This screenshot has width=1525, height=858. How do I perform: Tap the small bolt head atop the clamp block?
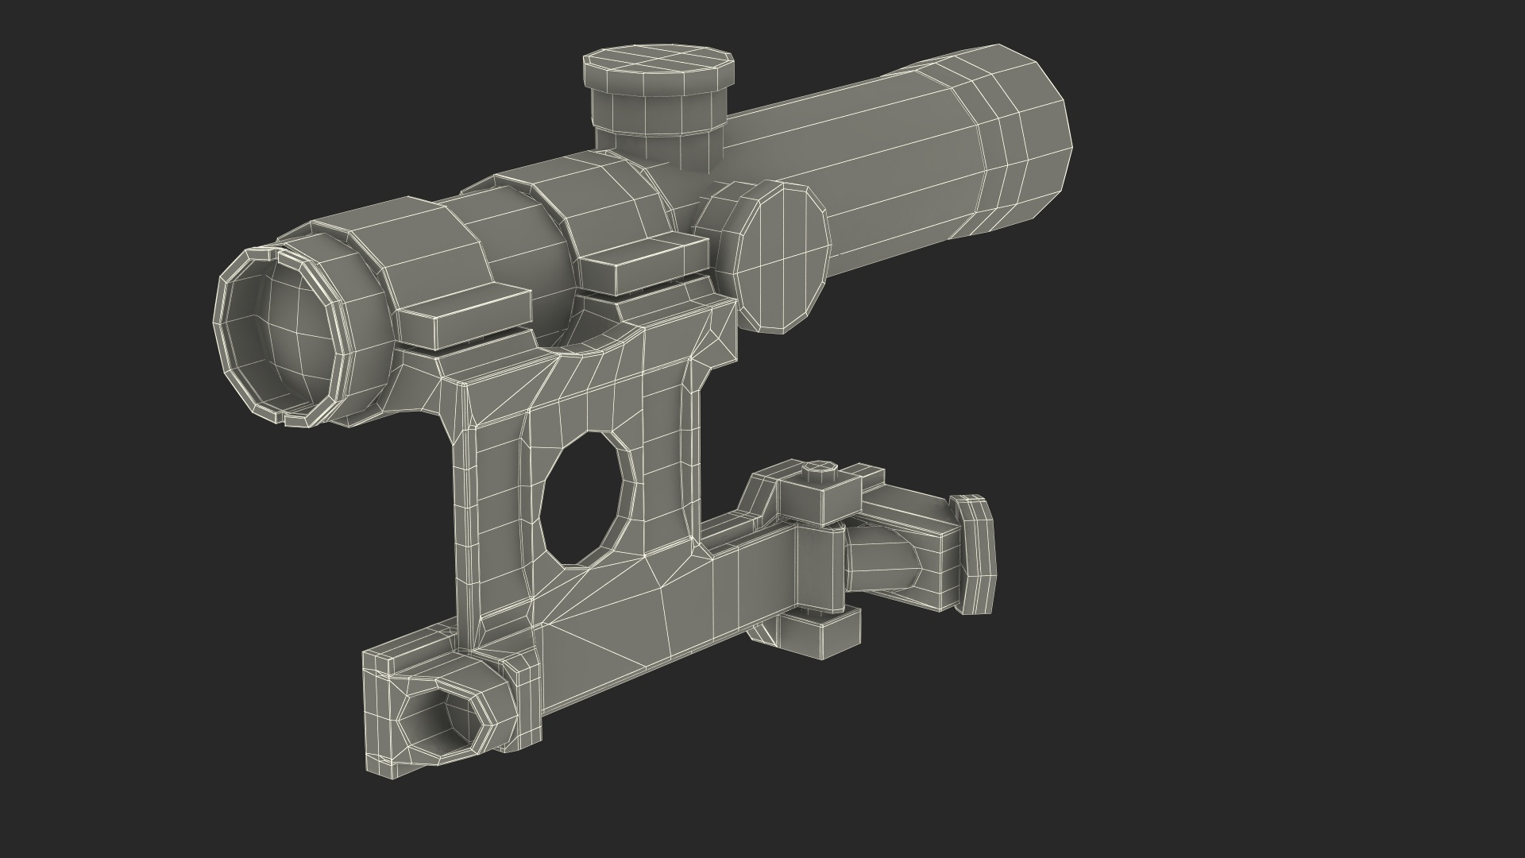coord(818,473)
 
